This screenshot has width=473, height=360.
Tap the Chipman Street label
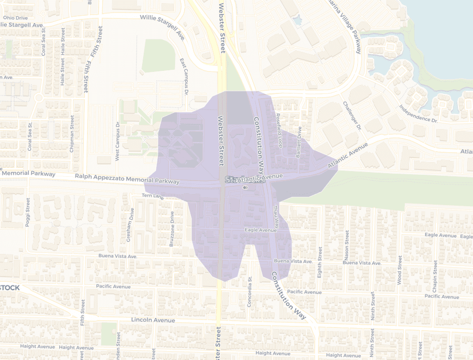pos(72,133)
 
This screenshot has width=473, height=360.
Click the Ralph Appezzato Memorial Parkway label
pos(127,179)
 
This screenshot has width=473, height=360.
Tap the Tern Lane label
pos(153,196)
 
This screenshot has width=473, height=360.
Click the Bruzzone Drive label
pos(171,229)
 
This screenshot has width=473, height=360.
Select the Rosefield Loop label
pos(279,131)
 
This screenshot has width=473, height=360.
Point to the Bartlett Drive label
pos(299,142)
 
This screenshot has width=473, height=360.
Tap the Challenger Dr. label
pos(352,116)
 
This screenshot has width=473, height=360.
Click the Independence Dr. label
pos(418,113)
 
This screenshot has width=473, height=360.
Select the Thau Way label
pos(276,216)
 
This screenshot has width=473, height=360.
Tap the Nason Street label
pos(347,245)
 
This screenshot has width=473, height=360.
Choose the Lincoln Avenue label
pos(153,320)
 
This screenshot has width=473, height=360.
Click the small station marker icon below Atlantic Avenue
pos(245,187)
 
